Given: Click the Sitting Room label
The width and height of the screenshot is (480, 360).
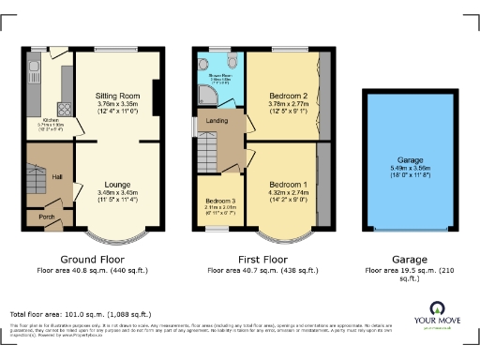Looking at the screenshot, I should tap(118, 96).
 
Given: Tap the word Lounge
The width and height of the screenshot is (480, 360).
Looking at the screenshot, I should tap(118, 184).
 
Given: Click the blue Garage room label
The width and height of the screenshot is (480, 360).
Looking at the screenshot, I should tap(407, 159).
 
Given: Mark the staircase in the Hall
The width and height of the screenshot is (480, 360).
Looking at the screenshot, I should tap(36, 178).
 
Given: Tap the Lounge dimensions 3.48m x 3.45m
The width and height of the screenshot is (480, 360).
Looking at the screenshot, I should tap(118, 193).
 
